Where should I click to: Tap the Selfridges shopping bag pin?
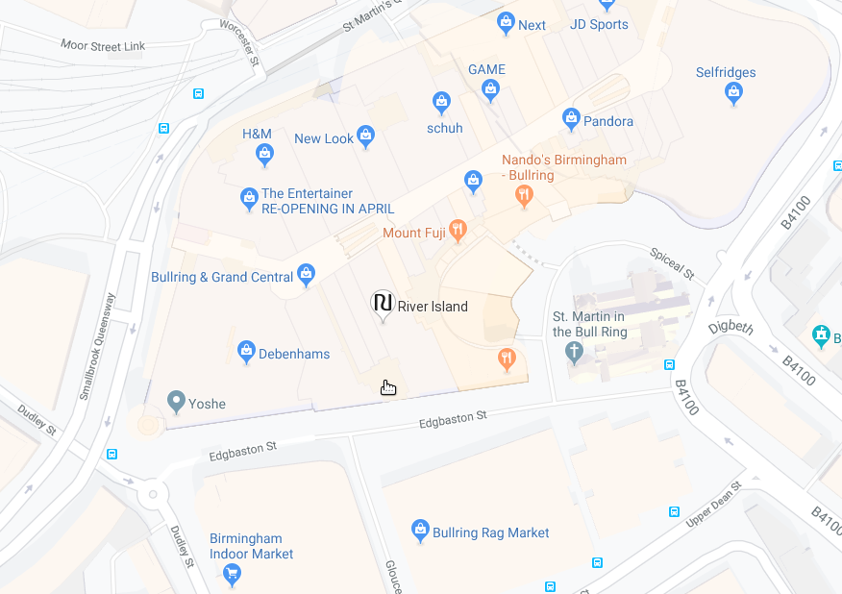pyautogui.click(x=733, y=92)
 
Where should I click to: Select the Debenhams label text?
pyautogui.click(x=294, y=354)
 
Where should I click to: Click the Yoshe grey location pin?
pyautogui.click(x=175, y=401)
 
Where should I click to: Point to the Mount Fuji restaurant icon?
pyautogui.click(x=458, y=230)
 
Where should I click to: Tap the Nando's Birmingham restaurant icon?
pyautogui.click(x=523, y=196)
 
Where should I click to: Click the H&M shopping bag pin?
pyautogui.click(x=264, y=153)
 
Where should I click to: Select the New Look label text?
pyautogui.click(x=324, y=138)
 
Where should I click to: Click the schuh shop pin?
pyautogui.click(x=441, y=101)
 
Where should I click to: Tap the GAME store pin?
pyautogui.click(x=490, y=90)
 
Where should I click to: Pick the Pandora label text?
pyautogui.click(x=608, y=121)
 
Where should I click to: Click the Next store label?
pyautogui.click(x=532, y=25)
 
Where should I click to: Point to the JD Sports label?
pyautogui.click(x=599, y=24)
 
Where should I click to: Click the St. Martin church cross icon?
pyautogui.click(x=575, y=351)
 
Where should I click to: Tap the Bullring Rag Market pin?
pyautogui.click(x=420, y=529)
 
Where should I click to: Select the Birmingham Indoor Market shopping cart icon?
pyautogui.click(x=232, y=574)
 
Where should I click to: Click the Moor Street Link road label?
pyautogui.click(x=102, y=45)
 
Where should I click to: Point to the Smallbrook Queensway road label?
pyautogui.click(x=98, y=345)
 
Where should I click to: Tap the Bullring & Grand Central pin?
pyautogui.click(x=306, y=274)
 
